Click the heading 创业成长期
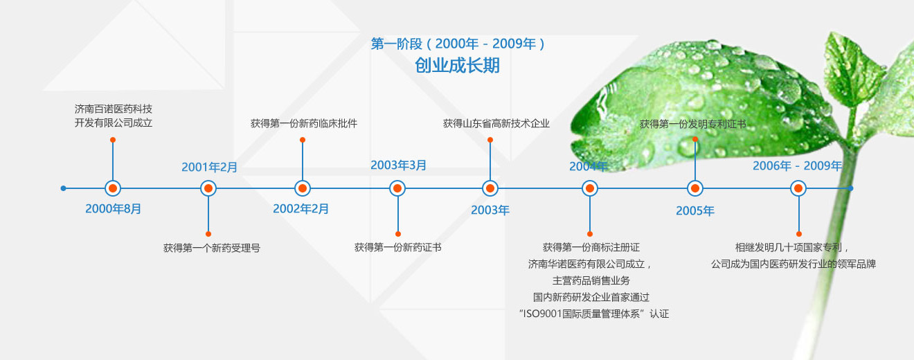point(457,65)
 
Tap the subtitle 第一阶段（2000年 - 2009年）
point(458,44)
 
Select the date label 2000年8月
point(113,208)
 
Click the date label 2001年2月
point(209,167)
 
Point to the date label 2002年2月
point(301,208)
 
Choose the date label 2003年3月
point(398,165)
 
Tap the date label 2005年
point(695,210)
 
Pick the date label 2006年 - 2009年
point(797,165)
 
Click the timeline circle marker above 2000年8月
point(113,188)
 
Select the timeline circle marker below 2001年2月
point(208,188)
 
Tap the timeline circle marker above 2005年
point(695,188)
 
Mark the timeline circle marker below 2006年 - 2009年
point(798,188)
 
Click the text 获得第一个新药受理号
point(212,248)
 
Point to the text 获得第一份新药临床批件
point(303,123)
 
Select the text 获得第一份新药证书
point(398,247)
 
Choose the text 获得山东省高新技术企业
point(496,123)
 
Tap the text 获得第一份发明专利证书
point(693,124)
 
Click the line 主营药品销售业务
point(591,280)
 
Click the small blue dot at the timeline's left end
point(63,188)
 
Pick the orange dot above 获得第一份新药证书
point(398,234)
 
